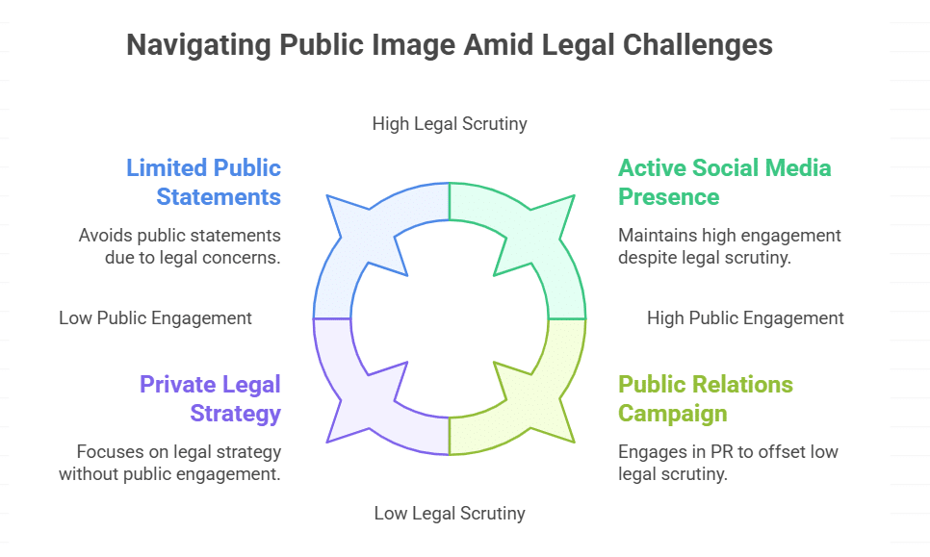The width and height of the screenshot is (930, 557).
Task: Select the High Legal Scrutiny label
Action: [x=450, y=123]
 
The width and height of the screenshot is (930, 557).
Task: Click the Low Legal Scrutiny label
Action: [x=450, y=513]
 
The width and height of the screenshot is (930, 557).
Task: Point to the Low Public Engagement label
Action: [x=155, y=317]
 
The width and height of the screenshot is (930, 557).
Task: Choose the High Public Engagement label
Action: [x=745, y=317]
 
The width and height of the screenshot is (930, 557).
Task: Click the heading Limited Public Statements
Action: [x=204, y=182]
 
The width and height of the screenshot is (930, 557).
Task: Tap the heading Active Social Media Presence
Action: [x=724, y=182]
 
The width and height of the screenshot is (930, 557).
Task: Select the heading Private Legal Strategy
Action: [x=210, y=398]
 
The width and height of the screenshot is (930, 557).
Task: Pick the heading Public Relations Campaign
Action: [x=706, y=398]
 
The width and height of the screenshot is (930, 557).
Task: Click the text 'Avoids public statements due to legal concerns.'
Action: [x=180, y=246]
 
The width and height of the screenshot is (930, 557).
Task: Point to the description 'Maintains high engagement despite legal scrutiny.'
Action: [x=730, y=246]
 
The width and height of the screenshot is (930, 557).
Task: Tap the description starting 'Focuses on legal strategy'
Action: [x=170, y=463]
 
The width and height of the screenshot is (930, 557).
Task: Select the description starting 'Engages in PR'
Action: [x=715, y=463]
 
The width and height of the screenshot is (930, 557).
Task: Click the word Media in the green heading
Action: [x=794, y=168]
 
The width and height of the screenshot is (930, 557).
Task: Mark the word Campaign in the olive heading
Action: [x=673, y=413]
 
